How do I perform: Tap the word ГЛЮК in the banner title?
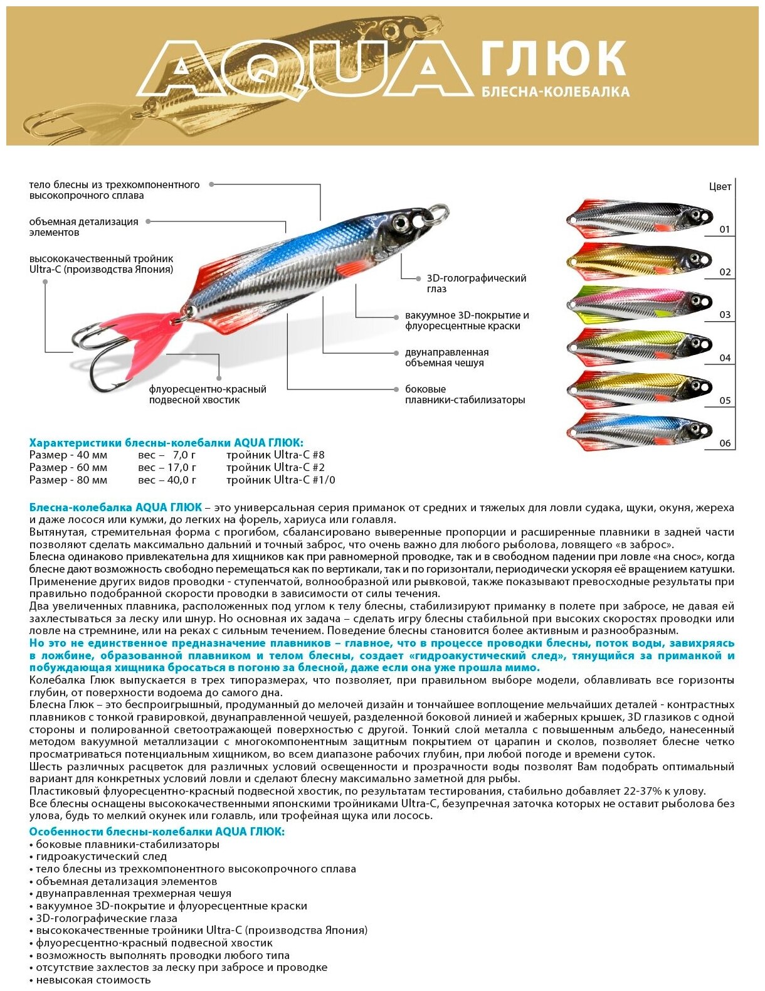point(554,58)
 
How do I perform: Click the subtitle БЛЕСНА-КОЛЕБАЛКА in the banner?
point(555,92)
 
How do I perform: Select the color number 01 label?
point(725,230)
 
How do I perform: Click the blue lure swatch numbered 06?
point(639,431)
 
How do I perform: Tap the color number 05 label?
point(725,401)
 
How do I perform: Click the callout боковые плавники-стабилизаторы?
point(465,395)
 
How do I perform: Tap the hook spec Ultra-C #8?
point(275,455)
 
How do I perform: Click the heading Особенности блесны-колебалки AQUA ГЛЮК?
point(157,831)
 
